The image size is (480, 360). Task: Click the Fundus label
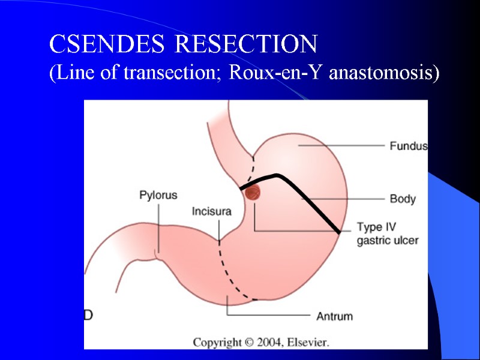coord(408,146)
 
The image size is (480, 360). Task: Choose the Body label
coord(403,199)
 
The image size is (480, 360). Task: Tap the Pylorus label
coord(158,195)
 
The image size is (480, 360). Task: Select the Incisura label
coord(211,211)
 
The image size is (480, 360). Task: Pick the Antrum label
coord(335,316)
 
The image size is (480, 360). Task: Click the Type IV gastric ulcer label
coord(387,234)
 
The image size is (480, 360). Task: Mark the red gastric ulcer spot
coord(253,192)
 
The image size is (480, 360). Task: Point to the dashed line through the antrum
coord(229,270)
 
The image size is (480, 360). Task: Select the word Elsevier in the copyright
coord(308,343)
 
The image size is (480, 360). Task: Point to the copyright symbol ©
coord(250,343)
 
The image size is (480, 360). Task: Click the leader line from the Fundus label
coord(342,145)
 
